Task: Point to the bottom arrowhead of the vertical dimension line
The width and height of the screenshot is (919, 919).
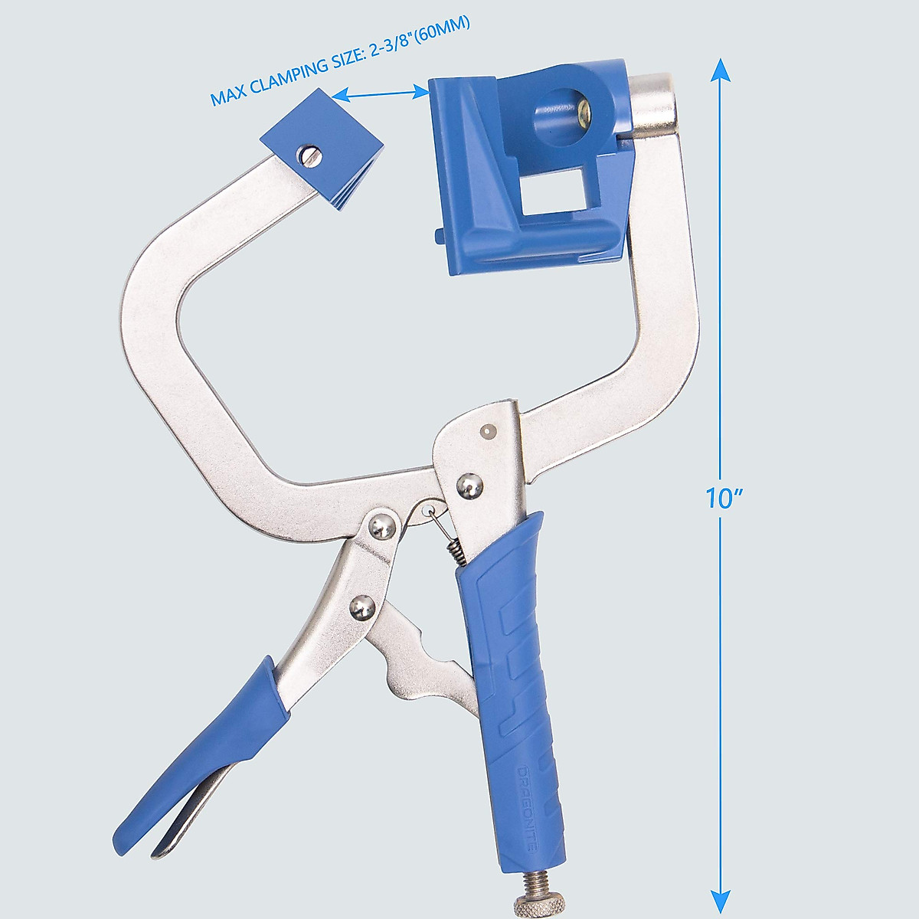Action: pos(720,904)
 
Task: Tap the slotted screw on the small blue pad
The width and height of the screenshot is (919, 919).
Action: pos(310,155)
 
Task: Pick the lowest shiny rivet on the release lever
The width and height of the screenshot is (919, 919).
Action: pos(361,608)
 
